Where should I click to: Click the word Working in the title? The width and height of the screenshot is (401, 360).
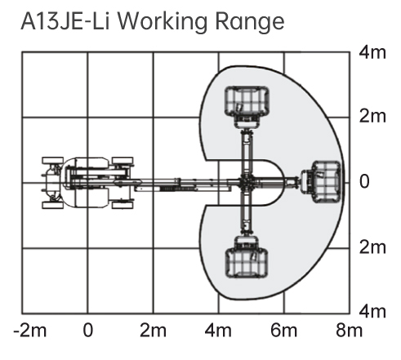click(x=163, y=22)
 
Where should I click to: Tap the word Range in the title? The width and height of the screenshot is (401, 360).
click(x=250, y=22)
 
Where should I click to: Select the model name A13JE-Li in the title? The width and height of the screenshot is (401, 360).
click(x=65, y=21)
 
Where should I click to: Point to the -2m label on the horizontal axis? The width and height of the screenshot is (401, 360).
click(x=30, y=331)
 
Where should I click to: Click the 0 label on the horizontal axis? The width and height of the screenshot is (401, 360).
click(x=88, y=331)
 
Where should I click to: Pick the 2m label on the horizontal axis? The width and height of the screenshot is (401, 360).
click(x=153, y=331)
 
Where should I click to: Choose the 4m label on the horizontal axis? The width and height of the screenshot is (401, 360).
click(x=218, y=331)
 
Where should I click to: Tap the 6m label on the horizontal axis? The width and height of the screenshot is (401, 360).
click(x=283, y=331)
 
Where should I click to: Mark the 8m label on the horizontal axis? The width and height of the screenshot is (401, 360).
click(x=349, y=331)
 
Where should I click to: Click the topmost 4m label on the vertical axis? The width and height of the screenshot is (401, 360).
click(x=372, y=52)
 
